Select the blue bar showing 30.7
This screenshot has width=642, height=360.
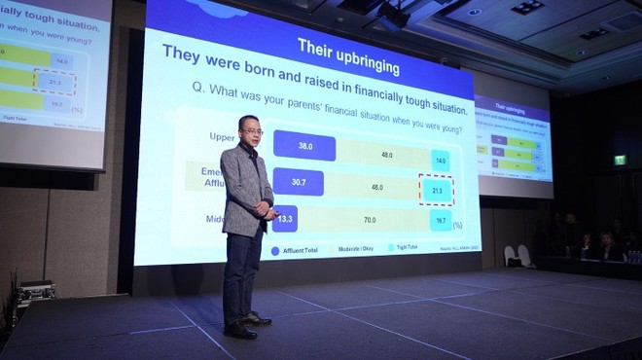point(298,183)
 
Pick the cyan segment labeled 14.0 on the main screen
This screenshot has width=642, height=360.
point(440,159)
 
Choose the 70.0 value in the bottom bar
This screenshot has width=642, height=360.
point(369,221)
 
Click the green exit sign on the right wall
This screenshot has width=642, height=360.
point(620,160)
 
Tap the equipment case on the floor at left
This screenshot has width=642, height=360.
point(34,291)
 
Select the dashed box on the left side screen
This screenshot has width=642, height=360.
point(54,83)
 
